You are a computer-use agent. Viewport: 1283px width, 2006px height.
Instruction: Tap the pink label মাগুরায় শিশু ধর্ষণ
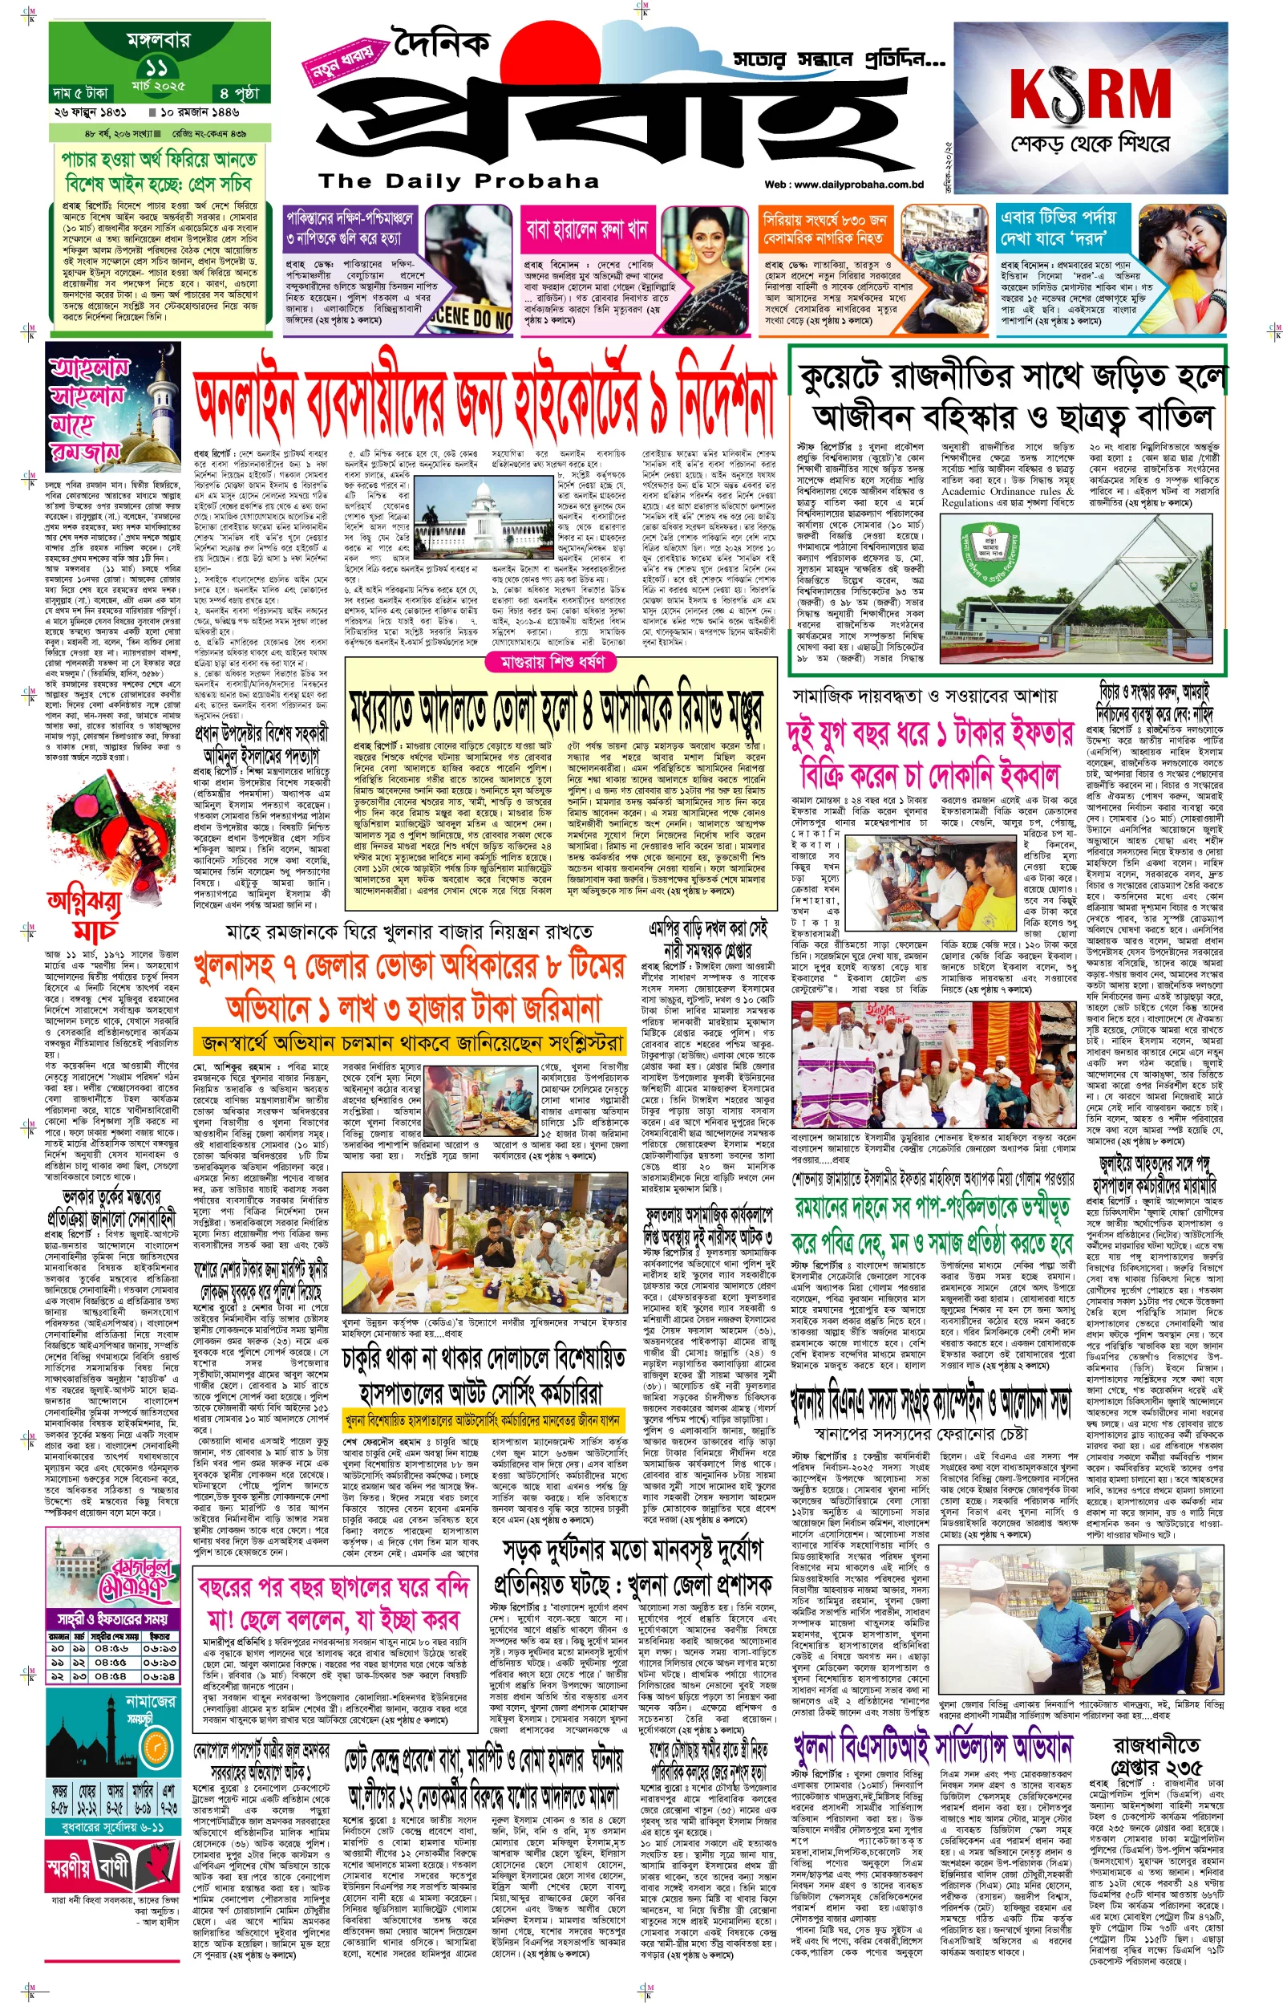[x=552, y=662]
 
